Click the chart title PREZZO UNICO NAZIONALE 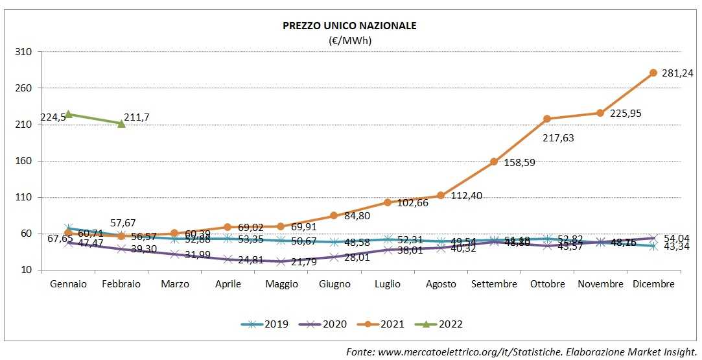click(x=349, y=26)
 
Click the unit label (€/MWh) click(x=349, y=40)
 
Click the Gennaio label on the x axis click(x=68, y=284)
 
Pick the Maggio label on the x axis click(x=281, y=284)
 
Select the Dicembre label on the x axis click(x=653, y=284)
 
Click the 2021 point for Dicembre click(x=653, y=73)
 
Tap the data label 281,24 click(x=677, y=73)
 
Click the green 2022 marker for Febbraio click(x=121, y=123)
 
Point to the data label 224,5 click(x=53, y=117)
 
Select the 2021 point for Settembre click(x=493, y=162)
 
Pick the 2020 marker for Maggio click(x=281, y=262)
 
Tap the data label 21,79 click(x=303, y=262)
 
